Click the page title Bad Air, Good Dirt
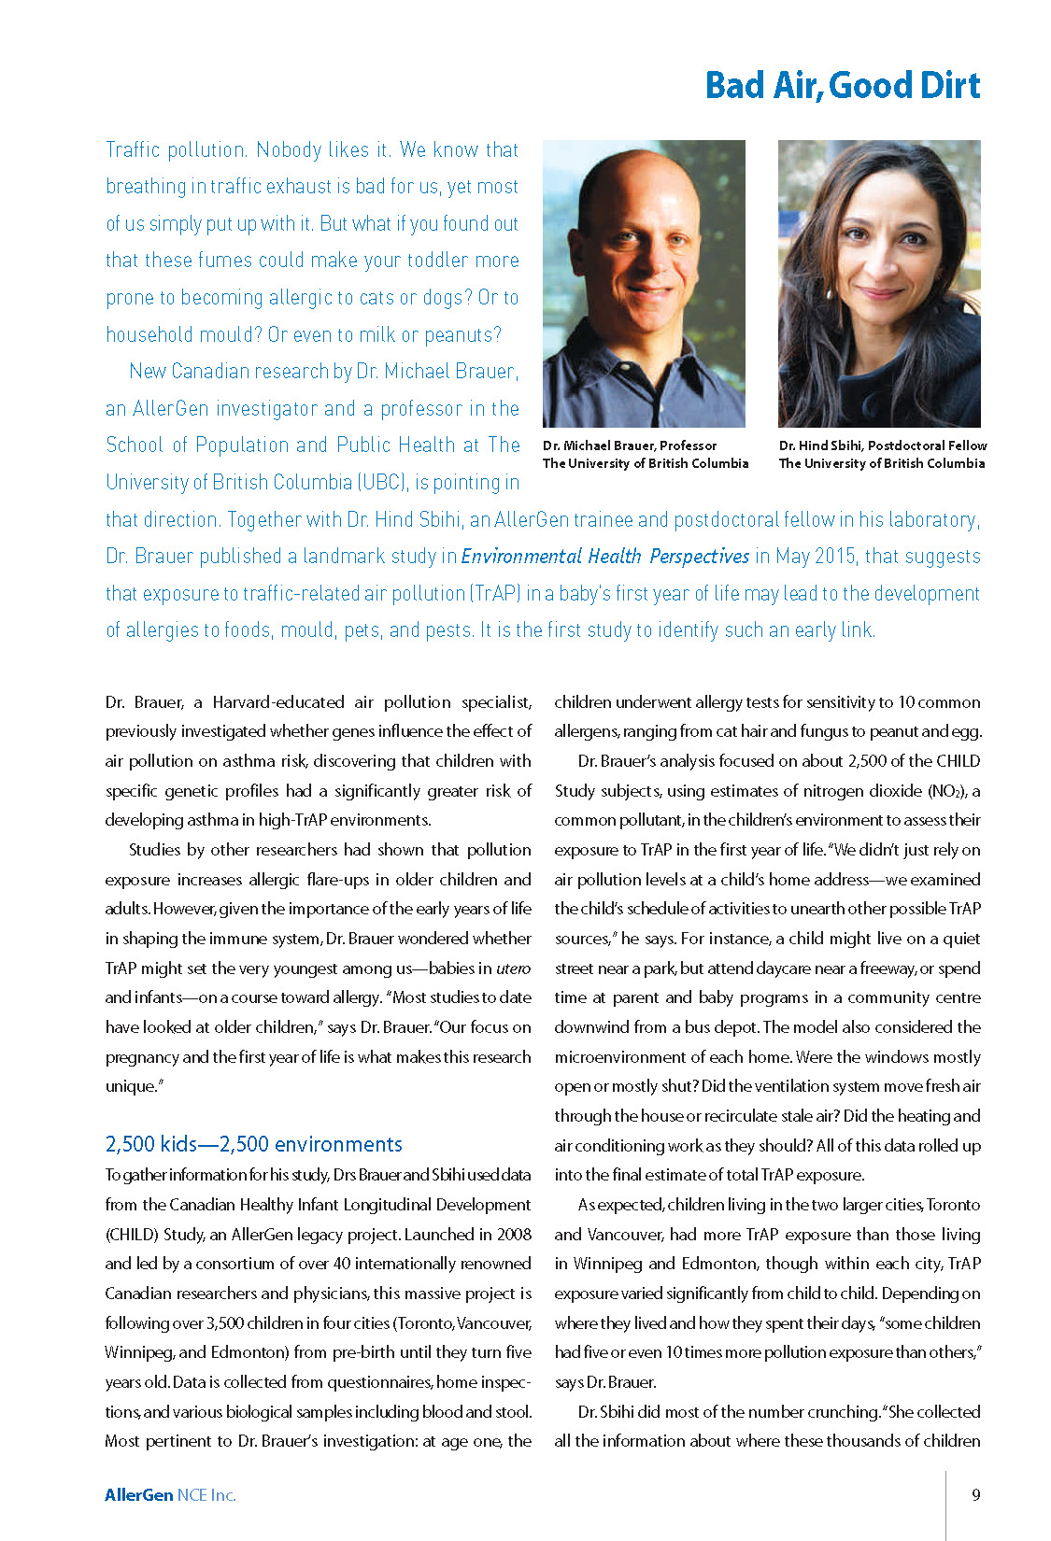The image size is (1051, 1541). (x=842, y=86)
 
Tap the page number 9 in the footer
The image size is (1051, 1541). (x=976, y=1494)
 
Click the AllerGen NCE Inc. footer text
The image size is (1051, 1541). (x=170, y=1495)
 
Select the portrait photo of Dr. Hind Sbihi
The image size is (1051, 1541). (x=879, y=283)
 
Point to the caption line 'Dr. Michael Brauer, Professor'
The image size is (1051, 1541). (x=630, y=445)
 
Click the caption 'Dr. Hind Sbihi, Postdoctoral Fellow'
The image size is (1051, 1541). (x=883, y=445)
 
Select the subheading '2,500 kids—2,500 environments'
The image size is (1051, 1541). (x=253, y=1144)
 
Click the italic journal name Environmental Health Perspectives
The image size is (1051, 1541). (x=605, y=557)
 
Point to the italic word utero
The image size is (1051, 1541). (x=513, y=968)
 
